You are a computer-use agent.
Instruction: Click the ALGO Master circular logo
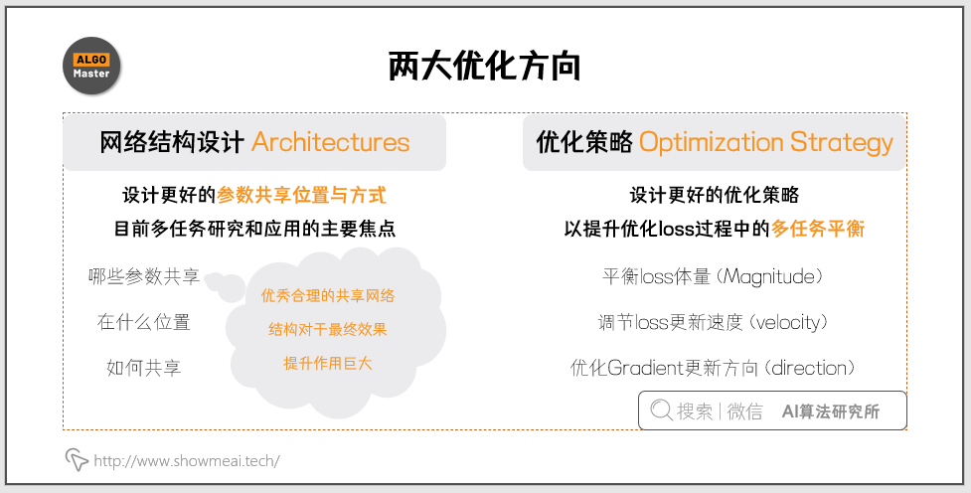[91, 66]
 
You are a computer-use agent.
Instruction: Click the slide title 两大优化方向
[484, 67]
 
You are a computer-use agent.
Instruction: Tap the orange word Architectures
[331, 142]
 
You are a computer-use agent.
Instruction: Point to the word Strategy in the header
[842, 143]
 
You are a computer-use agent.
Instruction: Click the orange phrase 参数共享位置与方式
[301, 196]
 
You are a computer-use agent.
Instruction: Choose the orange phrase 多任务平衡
[818, 230]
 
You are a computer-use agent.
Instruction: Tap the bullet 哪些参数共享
[144, 276]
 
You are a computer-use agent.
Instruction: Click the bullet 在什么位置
[144, 322]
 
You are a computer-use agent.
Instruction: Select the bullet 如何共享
[144, 368]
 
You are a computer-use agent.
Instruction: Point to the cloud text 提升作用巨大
[328, 363]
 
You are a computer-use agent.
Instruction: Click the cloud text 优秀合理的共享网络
[328, 295]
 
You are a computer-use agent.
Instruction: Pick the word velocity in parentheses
[788, 323]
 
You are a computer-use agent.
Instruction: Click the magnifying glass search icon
[661, 411]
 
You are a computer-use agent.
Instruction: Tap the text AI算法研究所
[831, 411]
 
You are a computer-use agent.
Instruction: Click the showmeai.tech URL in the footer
[187, 461]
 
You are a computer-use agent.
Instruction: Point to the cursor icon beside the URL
[77, 459]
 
